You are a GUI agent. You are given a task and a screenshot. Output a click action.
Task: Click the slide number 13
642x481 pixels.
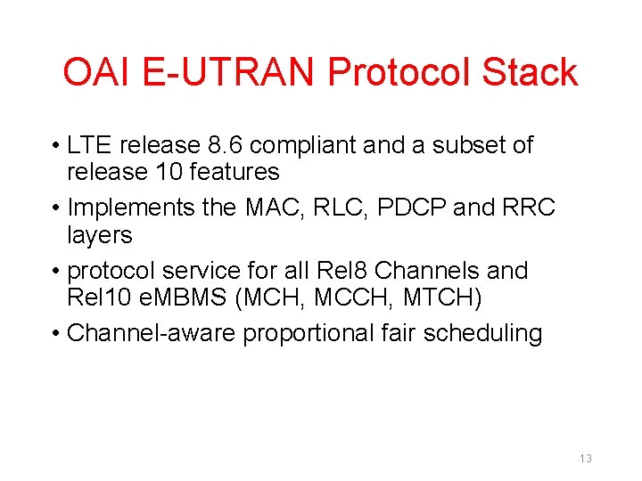(585, 458)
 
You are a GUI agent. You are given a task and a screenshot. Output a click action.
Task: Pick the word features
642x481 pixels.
(229, 171)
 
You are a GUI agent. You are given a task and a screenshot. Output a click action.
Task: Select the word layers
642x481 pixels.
(99, 234)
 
